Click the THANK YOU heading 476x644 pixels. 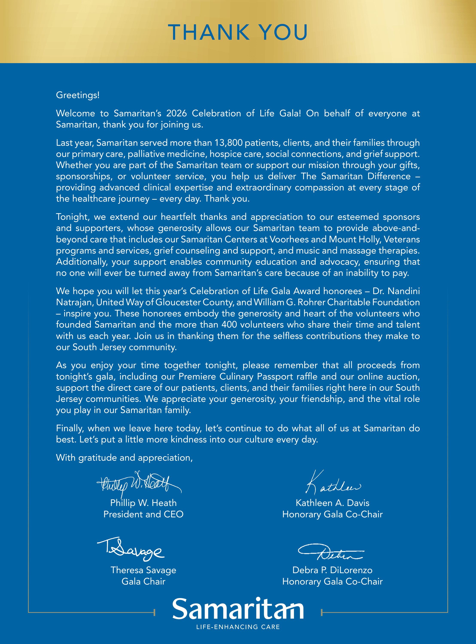tap(238, 32)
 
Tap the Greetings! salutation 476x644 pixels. tap(78, 95)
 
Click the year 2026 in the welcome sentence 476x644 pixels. tap(176, 113)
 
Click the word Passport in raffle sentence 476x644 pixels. tap(274, 377)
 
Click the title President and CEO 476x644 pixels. tap(143, 514)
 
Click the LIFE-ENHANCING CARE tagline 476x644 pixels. tap(238, 627)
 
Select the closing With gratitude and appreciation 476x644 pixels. tap(124, 458)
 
